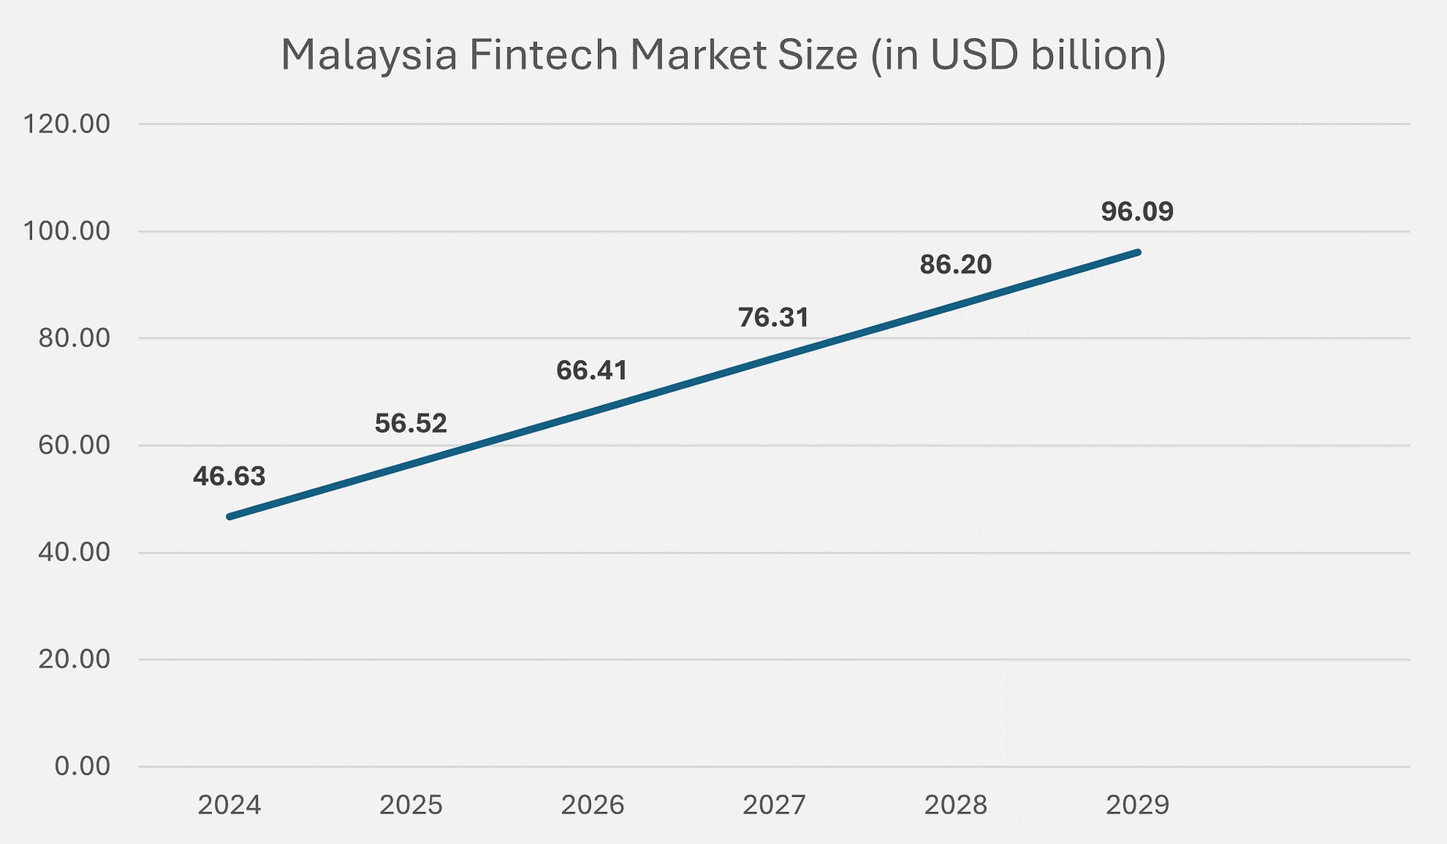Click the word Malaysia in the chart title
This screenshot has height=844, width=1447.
pos(368,56)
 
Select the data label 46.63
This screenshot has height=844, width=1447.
pos(229,476)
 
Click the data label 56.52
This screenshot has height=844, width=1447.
pos(410,424)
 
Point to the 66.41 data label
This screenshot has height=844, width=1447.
pos(592,370)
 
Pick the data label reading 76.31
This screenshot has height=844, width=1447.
pos(773,317)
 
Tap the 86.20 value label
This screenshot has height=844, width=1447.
pos(955,265)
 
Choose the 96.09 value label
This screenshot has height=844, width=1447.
pos(1137,212)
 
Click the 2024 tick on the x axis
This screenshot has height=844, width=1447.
pos(229,805)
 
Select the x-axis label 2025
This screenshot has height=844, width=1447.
pos(410,805)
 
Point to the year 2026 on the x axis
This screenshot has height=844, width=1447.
pos(593,805)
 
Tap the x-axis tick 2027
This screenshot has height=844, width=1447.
pos(774,805)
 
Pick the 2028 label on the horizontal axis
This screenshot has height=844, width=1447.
pos(955,805)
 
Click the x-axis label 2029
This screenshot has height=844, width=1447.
pos(1137,805)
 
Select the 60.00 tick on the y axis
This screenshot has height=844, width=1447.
pos(73,445)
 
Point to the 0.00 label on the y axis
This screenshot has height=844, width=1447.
pos(82,766)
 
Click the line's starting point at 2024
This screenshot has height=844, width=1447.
pos(229,517)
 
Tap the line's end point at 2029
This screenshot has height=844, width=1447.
pos(1137,252)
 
